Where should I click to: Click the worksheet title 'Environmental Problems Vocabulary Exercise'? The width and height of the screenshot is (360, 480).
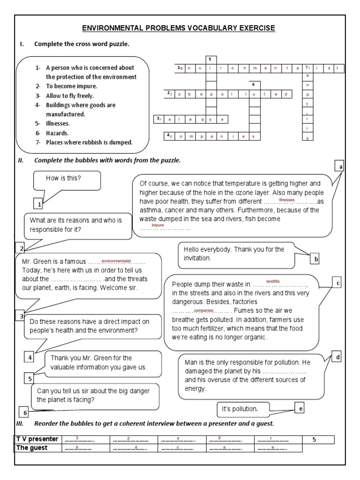pos(179,29)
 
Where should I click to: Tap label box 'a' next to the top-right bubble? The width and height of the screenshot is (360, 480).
pos(341,166)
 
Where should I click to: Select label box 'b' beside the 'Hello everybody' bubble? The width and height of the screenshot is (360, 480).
pos(316,258)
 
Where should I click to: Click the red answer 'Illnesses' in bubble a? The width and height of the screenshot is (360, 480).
pos(286,200)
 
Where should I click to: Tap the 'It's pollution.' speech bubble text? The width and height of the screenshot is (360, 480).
pos(240,409)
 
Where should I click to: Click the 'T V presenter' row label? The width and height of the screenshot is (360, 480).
pos(37,439)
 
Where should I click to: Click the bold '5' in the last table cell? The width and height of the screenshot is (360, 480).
pos(315,439)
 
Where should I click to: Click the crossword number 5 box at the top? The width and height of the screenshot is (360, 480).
pos(210,59)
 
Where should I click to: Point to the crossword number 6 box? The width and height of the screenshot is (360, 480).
pos(253,85)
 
